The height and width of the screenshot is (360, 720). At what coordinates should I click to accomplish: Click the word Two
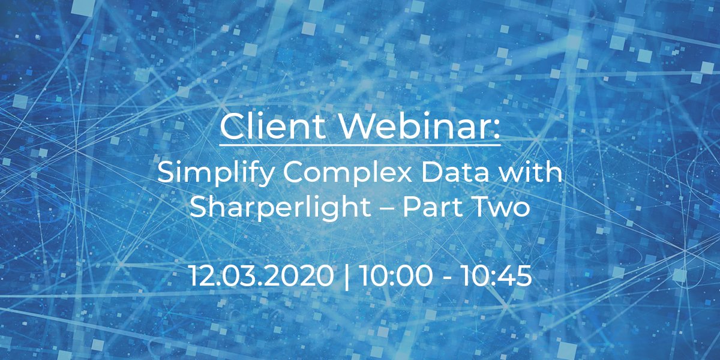503,208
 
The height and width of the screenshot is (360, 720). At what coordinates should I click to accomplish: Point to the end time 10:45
496,276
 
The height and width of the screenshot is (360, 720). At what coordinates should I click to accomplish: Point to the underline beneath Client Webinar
360,144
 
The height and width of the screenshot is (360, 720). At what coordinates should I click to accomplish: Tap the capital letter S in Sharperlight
198,208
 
